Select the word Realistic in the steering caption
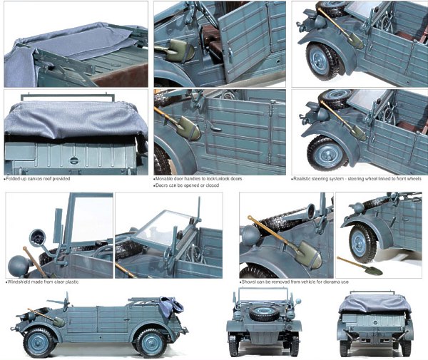point(307,179)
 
